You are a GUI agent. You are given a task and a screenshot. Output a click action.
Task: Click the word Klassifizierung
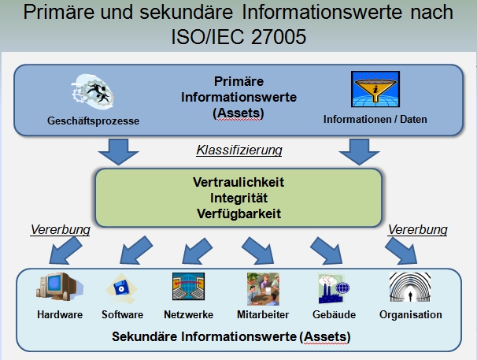point(238,150)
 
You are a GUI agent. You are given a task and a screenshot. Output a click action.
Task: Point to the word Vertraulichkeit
point(238,182)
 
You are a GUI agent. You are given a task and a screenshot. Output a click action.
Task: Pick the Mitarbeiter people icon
point(263,289)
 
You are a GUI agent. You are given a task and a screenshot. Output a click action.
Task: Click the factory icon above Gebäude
point(333,289)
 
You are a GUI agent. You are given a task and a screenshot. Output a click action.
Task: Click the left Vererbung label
point(61,230)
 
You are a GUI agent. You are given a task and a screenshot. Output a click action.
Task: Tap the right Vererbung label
point(417,230)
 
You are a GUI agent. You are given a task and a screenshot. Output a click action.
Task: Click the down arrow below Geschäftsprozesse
point(118,150)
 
